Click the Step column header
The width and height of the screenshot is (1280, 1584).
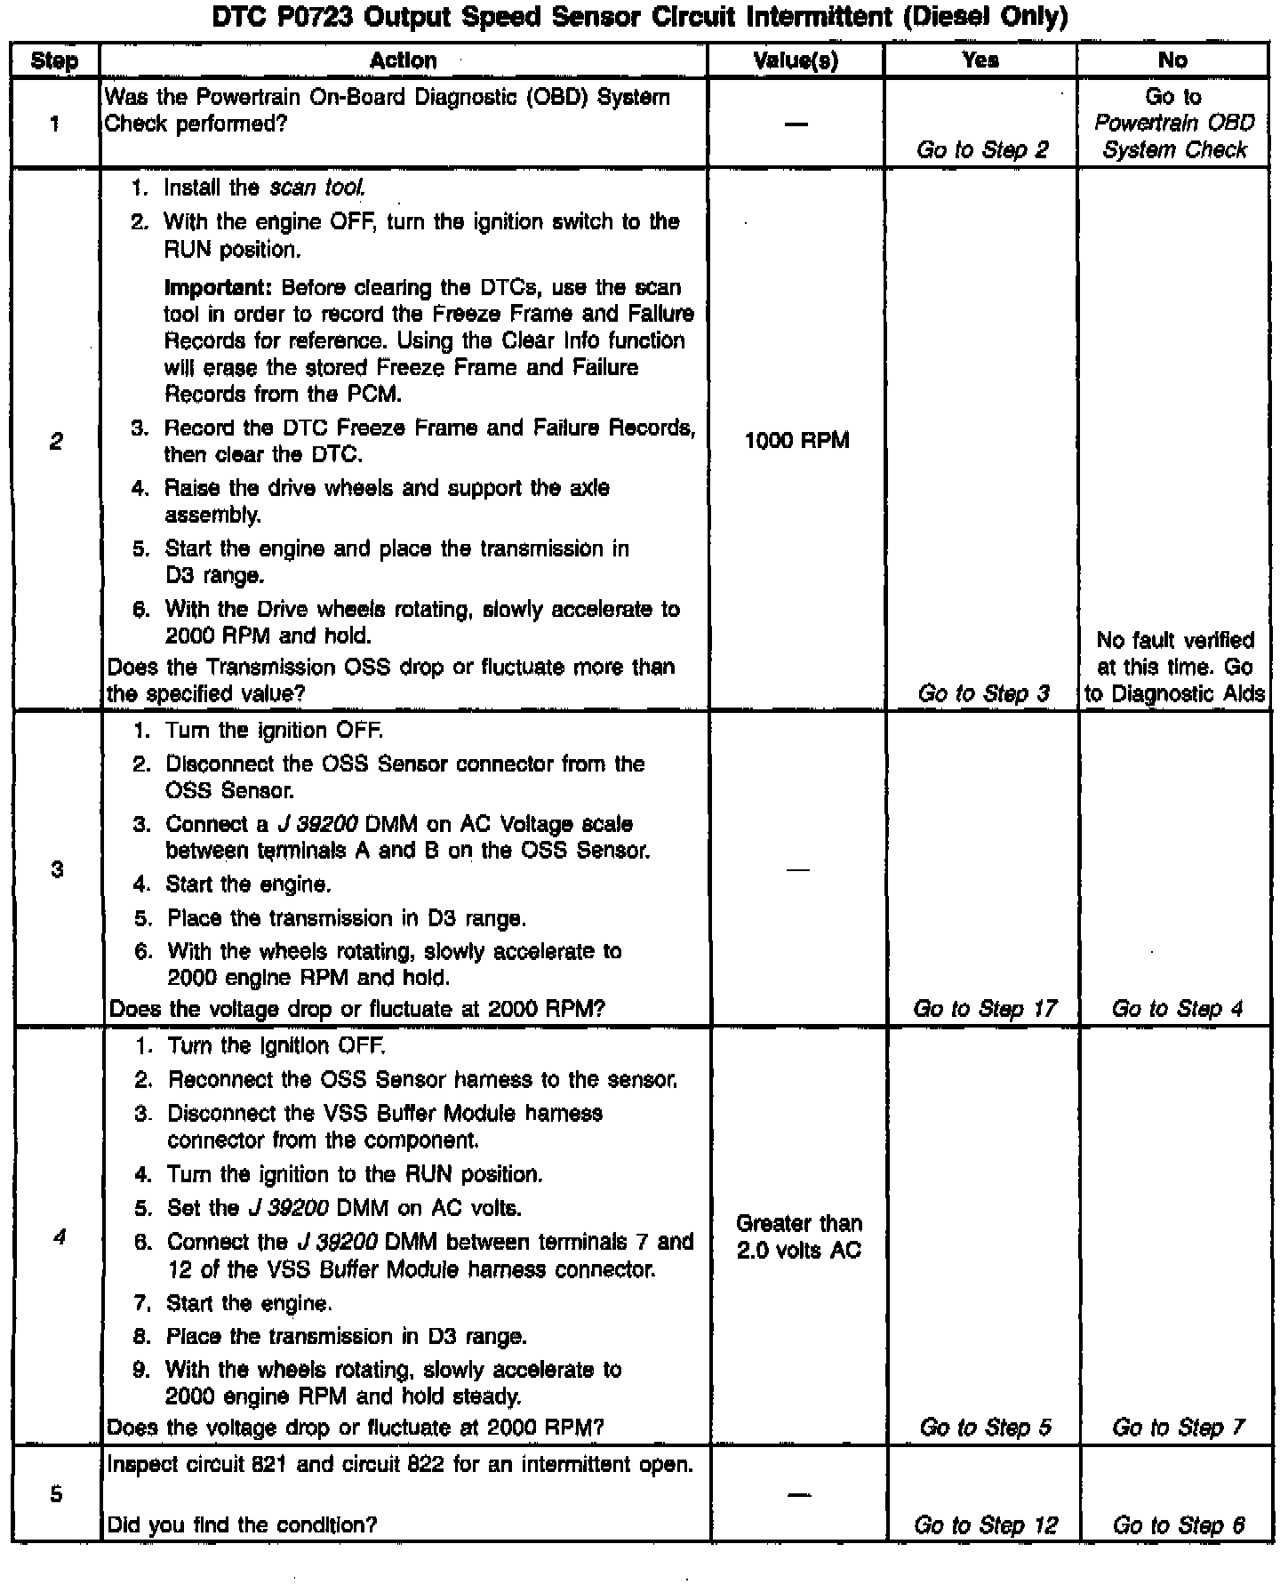(55, 60)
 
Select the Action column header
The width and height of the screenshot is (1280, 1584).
(403, 60)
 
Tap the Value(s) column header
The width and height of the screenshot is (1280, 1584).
(796, 60)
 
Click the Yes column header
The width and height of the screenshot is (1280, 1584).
(980, 60)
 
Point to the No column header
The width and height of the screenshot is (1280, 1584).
(1172, 60)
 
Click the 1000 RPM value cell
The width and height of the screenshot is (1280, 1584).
(796, 440)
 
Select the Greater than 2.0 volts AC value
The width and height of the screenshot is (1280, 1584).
(798, 1236)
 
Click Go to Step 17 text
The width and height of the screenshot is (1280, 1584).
(985, 1008)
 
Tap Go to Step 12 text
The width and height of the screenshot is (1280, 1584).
(986, 1525)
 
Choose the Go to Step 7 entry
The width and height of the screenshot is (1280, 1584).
(1178, 1428)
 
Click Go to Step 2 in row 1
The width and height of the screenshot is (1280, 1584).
(982, 149)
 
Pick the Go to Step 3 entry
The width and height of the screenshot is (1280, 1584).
(983, 693)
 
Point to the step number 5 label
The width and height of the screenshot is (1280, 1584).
(56, 1493)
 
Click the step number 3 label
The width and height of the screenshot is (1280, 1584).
(57, 869)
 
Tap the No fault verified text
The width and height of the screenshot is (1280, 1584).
(1175, 640)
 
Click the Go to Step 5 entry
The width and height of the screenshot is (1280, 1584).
(986, 1428)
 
